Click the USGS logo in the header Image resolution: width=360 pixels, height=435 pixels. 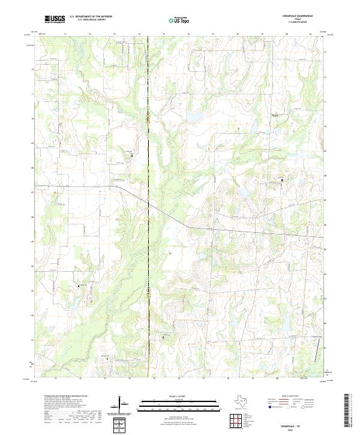pyautogui.click(x=55, y=19)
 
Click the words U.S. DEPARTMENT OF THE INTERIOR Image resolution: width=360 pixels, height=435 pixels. pyautogui.click(x=91, y=17)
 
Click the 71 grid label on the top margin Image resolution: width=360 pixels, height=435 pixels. pyautogui.click(x=64, y=35)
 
